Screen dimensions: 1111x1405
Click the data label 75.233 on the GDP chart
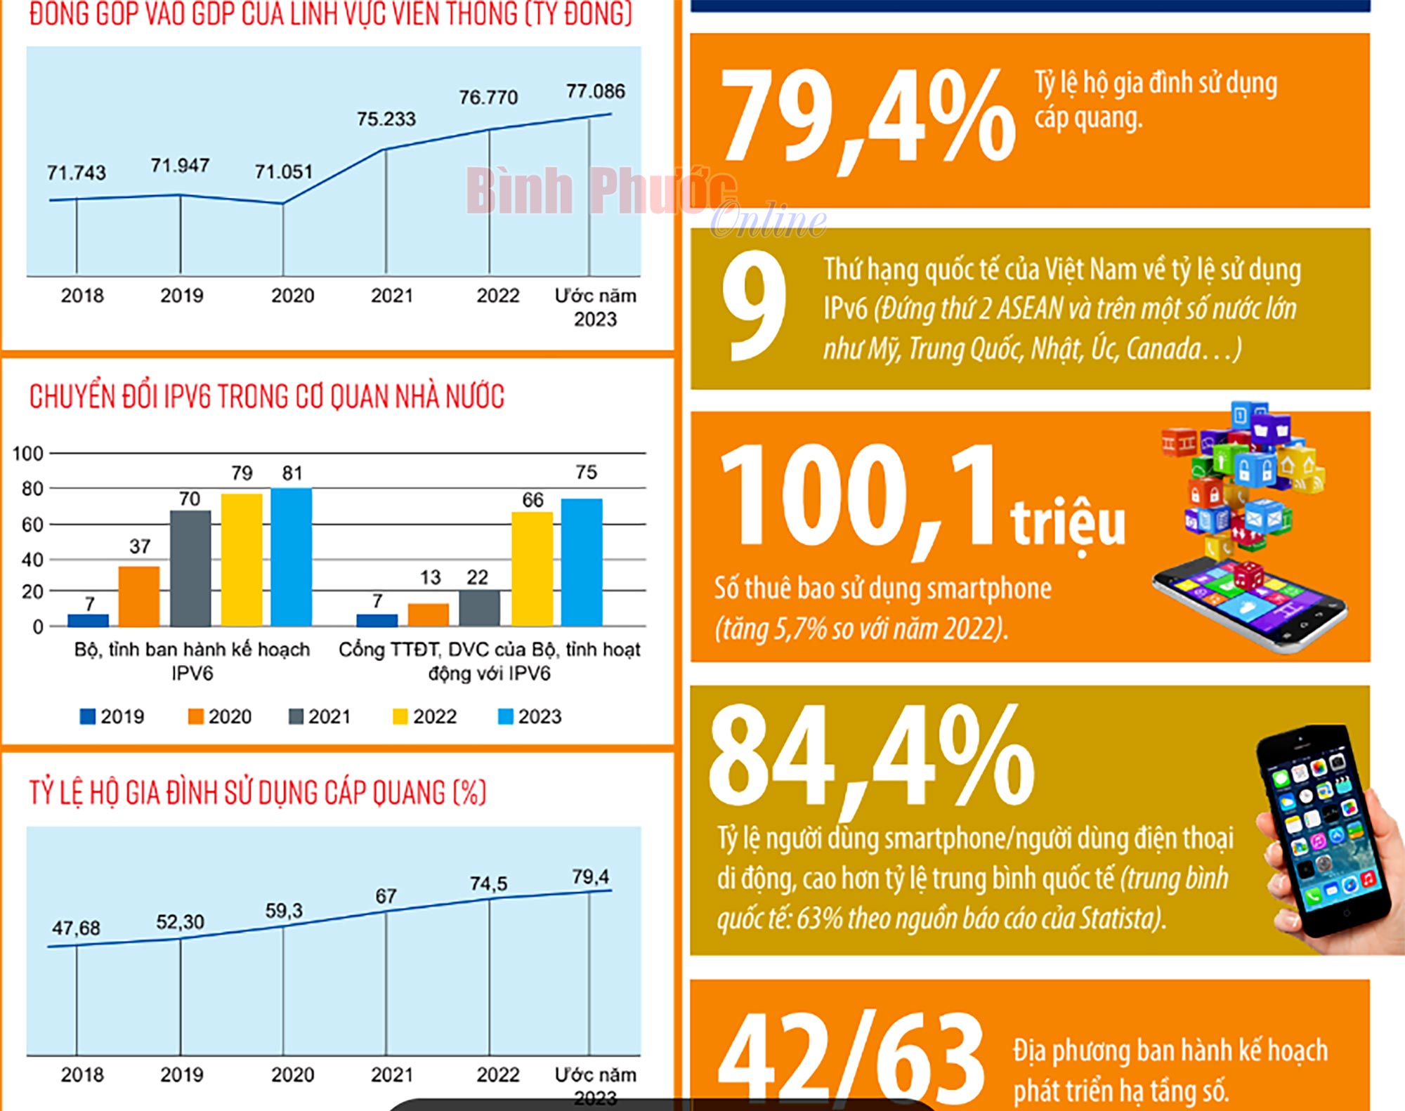click(x=386, y=119)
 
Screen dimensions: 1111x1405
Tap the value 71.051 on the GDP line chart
click(x=283, y=171)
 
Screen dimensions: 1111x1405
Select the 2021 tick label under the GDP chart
click(x=391, y=296)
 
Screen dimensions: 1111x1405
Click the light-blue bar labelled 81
click(x=292, y=556)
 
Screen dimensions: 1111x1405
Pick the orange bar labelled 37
click(x=139, y=596)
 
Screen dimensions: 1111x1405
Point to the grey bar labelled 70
click(x=190, y=568)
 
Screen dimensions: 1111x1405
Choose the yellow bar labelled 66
click(x=532, y=569)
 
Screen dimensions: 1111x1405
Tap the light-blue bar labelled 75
click(x=582, y=562)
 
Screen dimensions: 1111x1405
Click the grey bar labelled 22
click(x=480, y=607)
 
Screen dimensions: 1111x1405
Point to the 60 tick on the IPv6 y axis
click(x=32, y=525)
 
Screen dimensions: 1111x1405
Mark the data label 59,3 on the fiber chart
click(x=284, y=911)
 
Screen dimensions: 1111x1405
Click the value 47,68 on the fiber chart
click(x=76, y=928)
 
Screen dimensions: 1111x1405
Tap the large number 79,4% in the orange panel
click(x=868, y=116)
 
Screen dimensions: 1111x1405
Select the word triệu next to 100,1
click(x=1068, y=523)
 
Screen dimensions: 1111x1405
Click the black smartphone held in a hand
click(x=1321, y=832)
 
